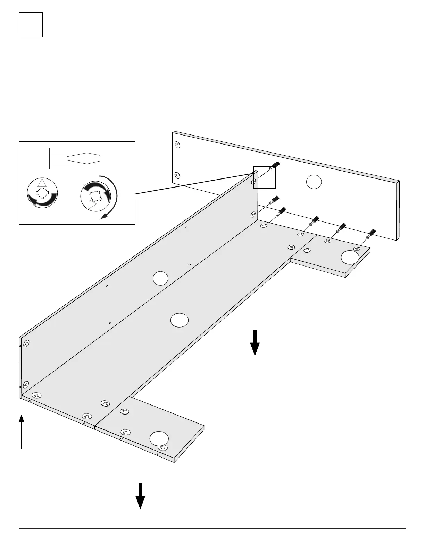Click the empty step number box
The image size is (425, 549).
(31, 25)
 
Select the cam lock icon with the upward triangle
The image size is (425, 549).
(42, 193)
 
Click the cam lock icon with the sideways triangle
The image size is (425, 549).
(95, 197)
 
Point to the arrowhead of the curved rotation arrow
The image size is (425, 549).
(103, 216)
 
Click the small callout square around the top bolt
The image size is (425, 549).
(265, 177)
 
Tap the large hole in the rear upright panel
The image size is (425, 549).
(314, 182)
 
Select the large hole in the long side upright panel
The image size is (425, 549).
(160, 278)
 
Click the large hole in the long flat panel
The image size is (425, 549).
(180, 320)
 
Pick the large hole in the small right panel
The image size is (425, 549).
(350, 257)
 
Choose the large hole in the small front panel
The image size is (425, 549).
(159, 439)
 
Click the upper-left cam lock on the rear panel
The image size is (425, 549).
(177, 145)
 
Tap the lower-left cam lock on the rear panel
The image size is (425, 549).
(177, 175)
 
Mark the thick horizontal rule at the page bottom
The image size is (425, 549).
(212, 528)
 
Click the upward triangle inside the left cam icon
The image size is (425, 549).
(42, 183)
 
